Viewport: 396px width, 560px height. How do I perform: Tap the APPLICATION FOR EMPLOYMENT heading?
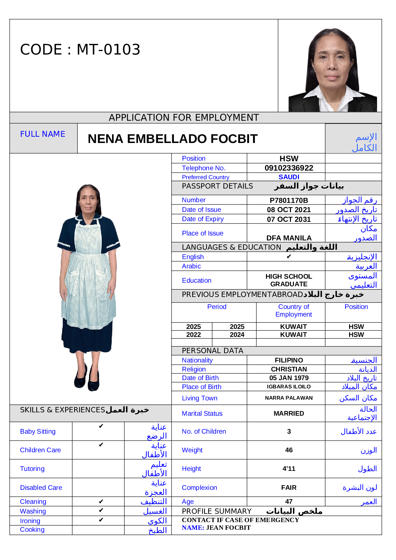point(184,118)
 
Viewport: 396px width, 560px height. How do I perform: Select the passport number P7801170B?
point(289,200)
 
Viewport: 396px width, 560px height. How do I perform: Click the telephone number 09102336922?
point(289,168)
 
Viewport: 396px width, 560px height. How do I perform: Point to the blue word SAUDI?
point(289,177)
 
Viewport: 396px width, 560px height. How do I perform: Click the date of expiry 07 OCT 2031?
point(289,219)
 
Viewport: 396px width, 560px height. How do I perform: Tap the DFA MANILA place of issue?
point(289,238)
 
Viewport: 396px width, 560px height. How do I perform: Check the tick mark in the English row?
point(289,256)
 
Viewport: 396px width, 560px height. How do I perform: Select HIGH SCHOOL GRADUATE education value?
point(289,280)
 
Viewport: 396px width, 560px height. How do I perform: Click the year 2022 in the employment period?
point(194,335)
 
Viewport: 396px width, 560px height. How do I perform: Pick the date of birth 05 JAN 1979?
point(289,378)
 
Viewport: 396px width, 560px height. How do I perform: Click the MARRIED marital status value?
point(289,413)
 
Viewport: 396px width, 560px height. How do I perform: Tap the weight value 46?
point(289,450)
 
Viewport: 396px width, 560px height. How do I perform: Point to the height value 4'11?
point(289,469)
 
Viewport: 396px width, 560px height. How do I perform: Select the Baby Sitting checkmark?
point(101,426)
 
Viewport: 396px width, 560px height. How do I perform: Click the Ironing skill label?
point(30,521)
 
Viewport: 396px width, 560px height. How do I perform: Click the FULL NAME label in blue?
point(43,134)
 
